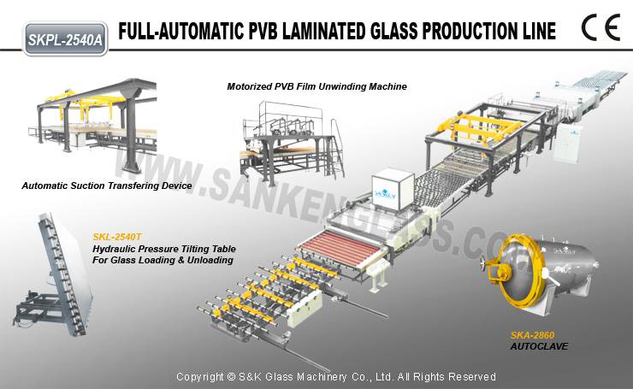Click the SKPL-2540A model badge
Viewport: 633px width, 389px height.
point(66,39)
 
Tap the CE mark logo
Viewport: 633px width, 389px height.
point(600,27)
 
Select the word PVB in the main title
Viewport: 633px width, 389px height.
point(262,32)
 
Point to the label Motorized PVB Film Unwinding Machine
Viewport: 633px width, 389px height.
point(316,86)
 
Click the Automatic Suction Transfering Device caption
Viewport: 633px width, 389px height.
point(107,186)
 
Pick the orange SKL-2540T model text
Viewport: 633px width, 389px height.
point(117,237)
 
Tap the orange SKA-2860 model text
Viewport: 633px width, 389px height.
point(532,335)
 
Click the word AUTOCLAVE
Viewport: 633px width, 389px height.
point(539,346)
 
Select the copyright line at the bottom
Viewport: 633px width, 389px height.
point(336,377)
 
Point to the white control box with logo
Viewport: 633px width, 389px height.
point(393,189)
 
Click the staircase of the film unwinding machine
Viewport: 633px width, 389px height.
point(336,151)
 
